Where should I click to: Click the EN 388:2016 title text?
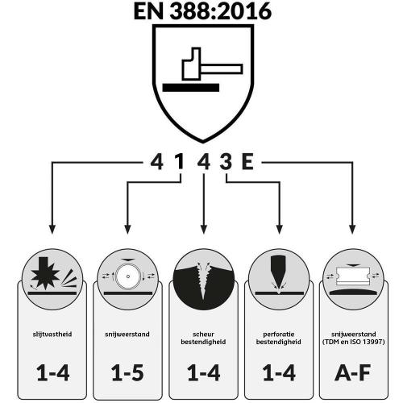coord(202,11)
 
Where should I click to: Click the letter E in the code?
coord(247,162)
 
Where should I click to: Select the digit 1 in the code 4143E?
coord(180,162)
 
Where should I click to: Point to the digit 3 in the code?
coord(226,162)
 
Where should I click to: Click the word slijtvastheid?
coord(52,334)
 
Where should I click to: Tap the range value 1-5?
coord(127,372)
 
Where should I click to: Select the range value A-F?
coord(353,372)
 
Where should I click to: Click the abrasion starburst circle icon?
coord(52,279)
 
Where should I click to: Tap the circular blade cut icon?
coord(127,279)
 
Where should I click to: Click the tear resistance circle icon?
coord(203,279)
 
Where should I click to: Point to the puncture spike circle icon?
coord(279,279)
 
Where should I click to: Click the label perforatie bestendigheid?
coord(279,338)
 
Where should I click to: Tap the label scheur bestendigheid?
coord(203,338)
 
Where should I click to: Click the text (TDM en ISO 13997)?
coord(354,342)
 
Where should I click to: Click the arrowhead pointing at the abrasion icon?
coord(52,229)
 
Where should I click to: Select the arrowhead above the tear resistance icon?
coord(204,229)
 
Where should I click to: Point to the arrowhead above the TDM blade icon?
coord(352,229)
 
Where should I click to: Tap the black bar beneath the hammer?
coord(191,88)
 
